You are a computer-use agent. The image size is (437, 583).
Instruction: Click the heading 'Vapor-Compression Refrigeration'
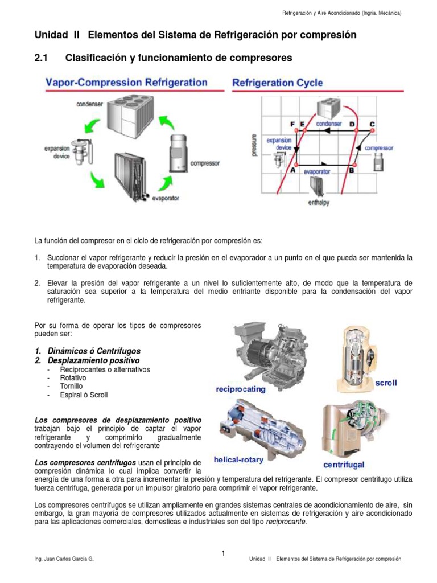coord(126,82)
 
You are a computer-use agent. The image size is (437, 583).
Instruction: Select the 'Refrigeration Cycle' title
coord(277,83)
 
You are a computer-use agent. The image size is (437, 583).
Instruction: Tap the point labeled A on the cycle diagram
coord(292,169)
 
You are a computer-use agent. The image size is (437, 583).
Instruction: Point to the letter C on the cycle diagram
coord(372,124)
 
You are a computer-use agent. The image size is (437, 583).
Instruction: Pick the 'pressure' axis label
coord(254,144)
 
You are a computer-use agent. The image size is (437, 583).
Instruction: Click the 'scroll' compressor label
coord(386,383)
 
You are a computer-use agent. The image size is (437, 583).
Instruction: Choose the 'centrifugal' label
coord(344,463)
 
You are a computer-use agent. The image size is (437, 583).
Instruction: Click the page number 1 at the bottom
coord(224,553)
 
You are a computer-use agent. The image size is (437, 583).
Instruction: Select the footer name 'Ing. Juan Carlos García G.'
coord(64,559)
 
